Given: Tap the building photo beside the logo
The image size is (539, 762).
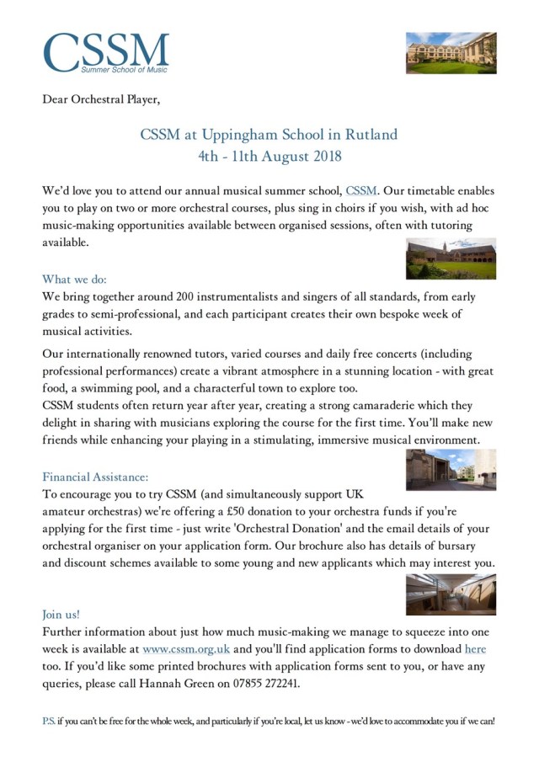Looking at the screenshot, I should tap(451, 53).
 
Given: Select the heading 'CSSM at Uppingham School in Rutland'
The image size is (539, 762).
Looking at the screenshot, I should tap(269, 134).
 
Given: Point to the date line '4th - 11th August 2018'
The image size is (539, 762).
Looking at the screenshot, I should tap(269, 156).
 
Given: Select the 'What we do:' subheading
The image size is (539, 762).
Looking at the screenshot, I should tap(74, 280).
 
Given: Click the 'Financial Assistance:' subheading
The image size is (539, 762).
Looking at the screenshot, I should tap(97, 476).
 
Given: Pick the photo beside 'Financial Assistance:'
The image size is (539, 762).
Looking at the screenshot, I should tap(451, 469).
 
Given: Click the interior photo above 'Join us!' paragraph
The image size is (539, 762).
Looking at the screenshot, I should tap(451, 594).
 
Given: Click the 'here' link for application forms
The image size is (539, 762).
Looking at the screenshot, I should tap(476, 649).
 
